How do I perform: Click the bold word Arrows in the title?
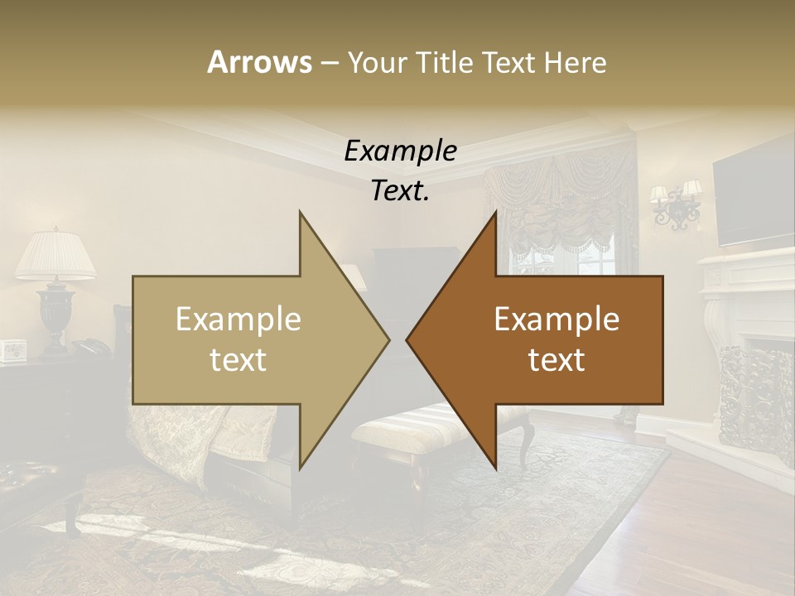(259, 62)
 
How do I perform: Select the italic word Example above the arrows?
(400, 151)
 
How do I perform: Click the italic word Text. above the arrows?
(400, 190)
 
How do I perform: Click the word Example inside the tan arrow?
(238, 320)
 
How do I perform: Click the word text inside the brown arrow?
(556, 359)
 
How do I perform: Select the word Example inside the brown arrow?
(556, 320)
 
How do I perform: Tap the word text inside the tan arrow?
(238, 359)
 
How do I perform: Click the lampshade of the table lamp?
(55, 255)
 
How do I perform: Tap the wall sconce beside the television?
(677, 205)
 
